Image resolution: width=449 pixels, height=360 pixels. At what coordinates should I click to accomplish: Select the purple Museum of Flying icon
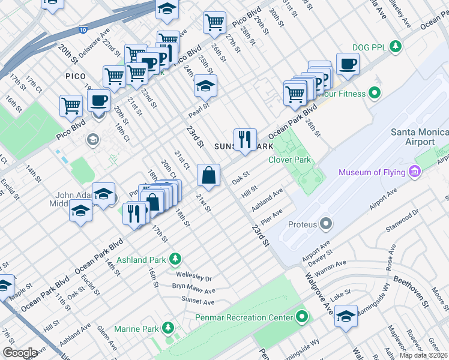414,172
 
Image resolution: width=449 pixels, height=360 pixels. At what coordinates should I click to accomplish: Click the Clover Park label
289,160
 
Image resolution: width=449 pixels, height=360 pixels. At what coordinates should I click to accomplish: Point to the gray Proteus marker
327,224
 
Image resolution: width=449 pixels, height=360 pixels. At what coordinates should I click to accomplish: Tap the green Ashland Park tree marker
175,259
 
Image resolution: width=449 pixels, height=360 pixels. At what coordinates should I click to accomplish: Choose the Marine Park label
137,329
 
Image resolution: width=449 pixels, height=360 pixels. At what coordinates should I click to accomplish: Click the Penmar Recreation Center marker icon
301,317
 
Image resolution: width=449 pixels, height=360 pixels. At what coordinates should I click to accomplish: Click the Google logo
20,353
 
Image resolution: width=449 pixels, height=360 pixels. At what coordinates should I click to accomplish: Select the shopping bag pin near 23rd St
208,176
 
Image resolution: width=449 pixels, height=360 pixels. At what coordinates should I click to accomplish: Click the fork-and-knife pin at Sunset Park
244,139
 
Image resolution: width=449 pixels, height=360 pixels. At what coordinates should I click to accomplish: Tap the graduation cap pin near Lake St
346,316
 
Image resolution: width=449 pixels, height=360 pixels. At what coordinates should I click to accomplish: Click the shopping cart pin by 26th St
214,23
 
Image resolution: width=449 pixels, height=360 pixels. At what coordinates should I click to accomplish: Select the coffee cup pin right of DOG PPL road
347,63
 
